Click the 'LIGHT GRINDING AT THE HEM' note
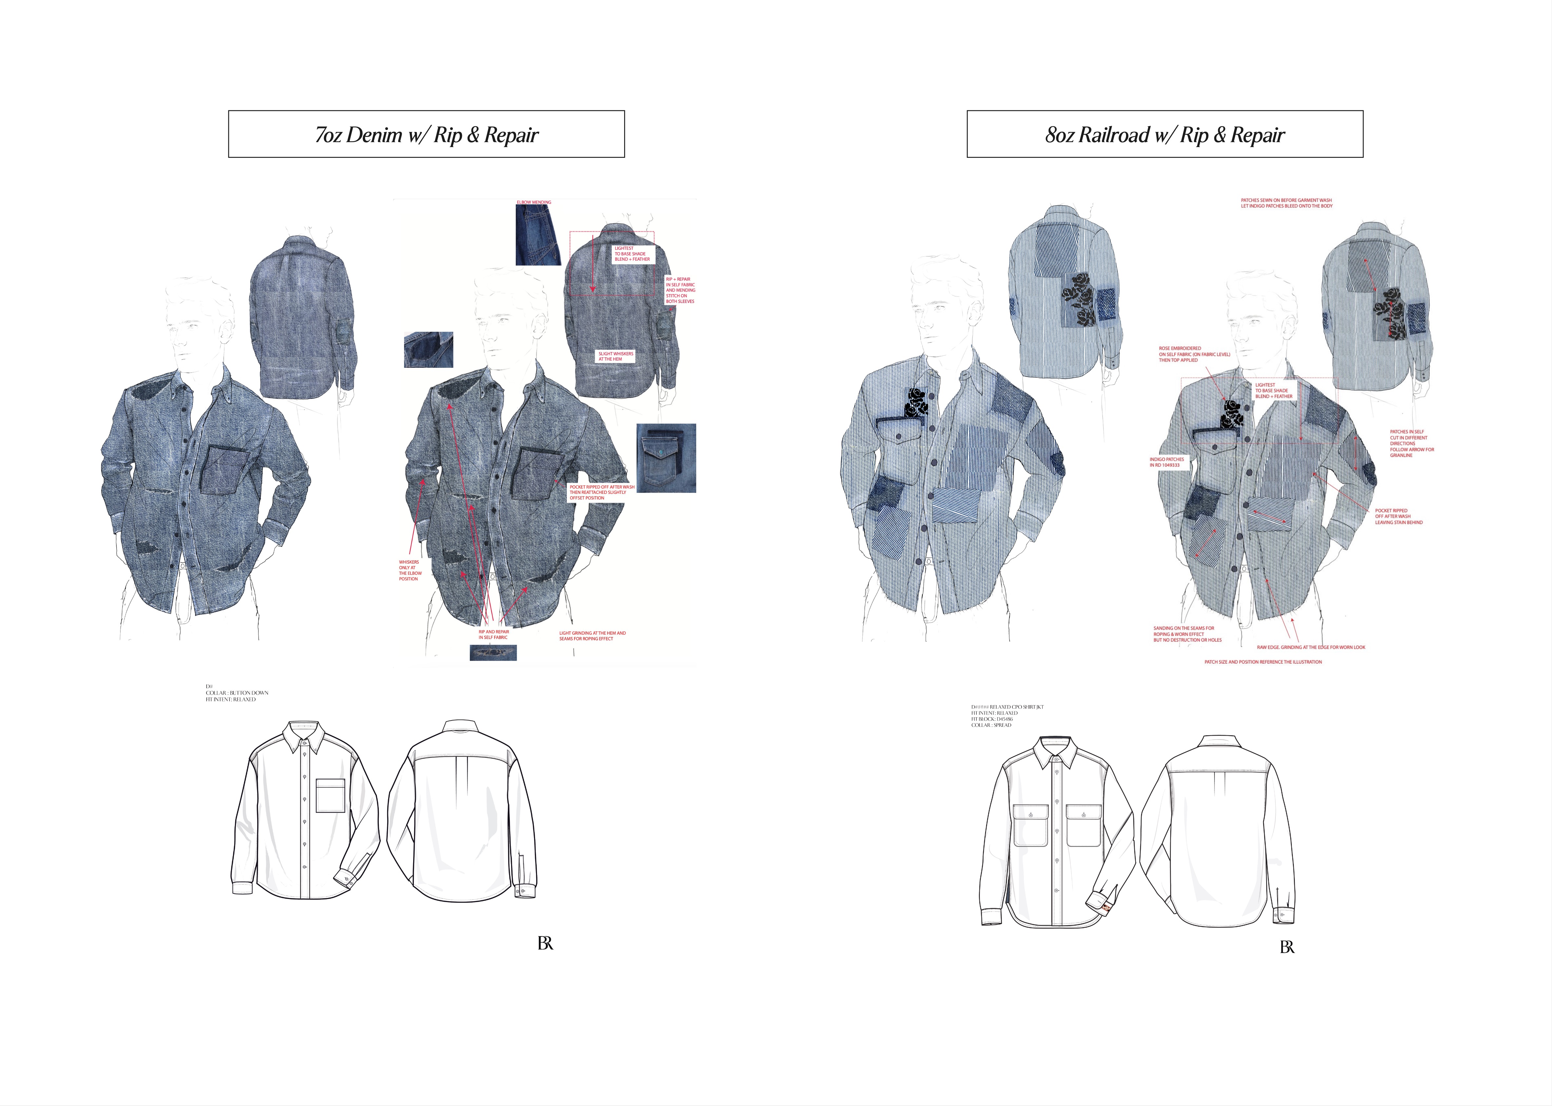click(592, 635)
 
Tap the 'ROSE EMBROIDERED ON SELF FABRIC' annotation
click(1194, 354)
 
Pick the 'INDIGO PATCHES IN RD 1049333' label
click(1166, 462)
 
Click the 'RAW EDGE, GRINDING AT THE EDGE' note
click(1310, 647)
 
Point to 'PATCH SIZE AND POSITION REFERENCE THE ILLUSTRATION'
click(1262, 662)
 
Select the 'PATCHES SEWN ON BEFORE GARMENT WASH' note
click(1286, 203)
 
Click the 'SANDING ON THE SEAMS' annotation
click(1187, 634)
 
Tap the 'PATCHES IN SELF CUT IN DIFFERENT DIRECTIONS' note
click(1411, 443)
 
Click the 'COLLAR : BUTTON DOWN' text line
click(237, 693)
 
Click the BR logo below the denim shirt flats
click(545, 943)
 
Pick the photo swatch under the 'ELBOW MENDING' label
click(538, 235)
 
